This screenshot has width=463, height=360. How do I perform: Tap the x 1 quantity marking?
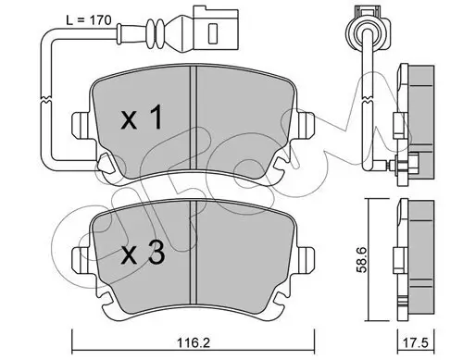(145, 118)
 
